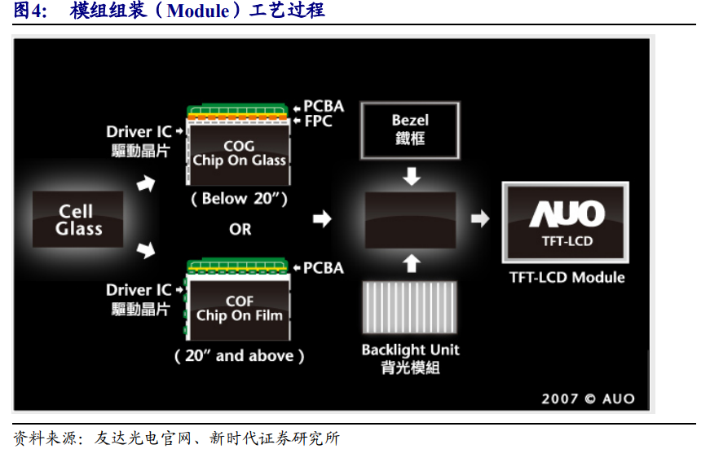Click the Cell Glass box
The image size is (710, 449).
pos(78,219)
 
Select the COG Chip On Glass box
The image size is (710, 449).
pos(239,153)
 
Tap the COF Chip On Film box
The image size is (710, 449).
pos(239,309)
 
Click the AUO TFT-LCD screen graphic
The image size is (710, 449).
pos(567,221)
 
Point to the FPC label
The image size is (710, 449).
pos(318,121)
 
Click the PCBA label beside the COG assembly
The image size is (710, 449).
pos(324,106)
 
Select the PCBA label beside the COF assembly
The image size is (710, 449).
pos(324,267)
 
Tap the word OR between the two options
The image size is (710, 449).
pos(240,229)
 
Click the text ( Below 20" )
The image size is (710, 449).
pos(240,199)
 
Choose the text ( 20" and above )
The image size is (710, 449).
pos(239,355)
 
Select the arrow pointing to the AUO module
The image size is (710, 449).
pos(481,218)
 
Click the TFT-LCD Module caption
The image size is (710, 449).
pos(567,277)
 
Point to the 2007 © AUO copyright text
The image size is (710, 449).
pos(587,398)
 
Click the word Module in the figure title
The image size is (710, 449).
pos(198,11)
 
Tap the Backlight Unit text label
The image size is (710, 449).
pos(410,350)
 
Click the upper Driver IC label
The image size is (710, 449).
pos(139,131)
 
